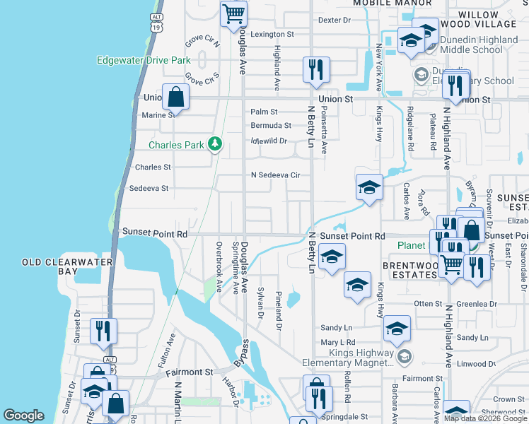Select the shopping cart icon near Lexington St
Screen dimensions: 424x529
click(233, 13)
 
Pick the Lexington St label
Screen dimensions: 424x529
click(272, 34)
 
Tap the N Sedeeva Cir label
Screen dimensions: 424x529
click(275, 175)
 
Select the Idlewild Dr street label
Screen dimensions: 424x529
click(269, 140)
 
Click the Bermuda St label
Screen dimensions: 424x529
click(271, 126)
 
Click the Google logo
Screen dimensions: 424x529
click(24, 416)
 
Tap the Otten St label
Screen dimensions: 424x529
click(428, 304)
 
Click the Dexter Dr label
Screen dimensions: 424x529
click(335, 20)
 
